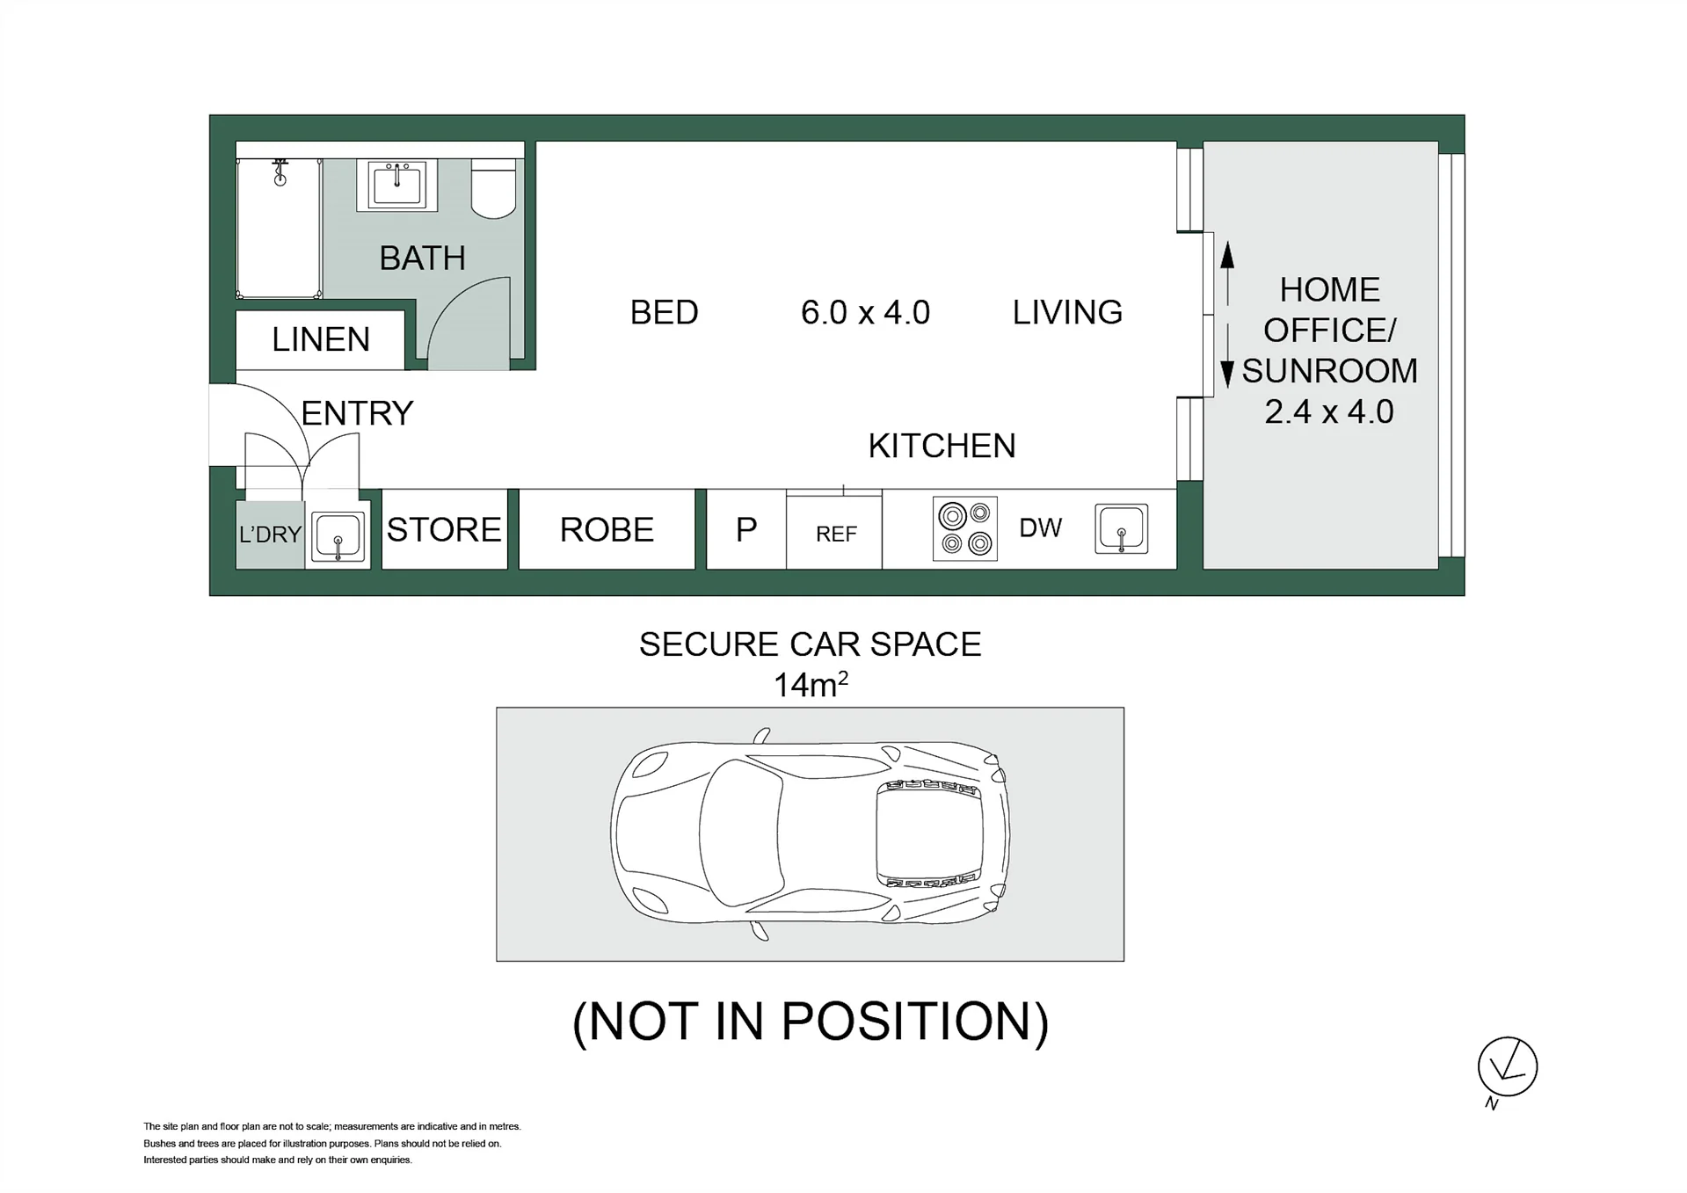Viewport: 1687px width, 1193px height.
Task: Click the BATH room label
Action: click(x=422, y=258)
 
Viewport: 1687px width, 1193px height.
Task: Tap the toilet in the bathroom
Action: click(x=493, y=187)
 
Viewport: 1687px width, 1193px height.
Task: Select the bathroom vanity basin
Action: click(x=396, y=185)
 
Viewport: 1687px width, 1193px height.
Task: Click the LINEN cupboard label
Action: click(x=321, y=339)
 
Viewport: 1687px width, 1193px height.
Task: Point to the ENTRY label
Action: click(x=357, y=413)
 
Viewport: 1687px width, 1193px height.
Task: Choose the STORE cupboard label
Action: click(x=444, y=529)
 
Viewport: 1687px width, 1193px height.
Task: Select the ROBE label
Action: click(x=607, y=529)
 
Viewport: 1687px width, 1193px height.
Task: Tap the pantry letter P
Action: click(x=746, y=529)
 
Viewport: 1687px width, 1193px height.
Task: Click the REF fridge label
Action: click(x=836, y=534)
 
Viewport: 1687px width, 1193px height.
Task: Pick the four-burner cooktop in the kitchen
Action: click(x=965, y=528)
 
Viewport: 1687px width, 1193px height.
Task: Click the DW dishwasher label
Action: click(x=1041, y=527)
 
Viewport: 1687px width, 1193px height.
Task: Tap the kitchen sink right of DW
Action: click(x=1122, y=528)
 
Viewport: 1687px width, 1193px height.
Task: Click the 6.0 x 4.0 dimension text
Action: click(x=865, y=312)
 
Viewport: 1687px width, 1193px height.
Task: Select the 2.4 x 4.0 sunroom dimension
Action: click(x=1329, y=411)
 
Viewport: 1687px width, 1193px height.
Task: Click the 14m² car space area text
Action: click(x=811, y=684)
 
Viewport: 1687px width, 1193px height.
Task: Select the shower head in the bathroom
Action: click(x=280, y=172)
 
